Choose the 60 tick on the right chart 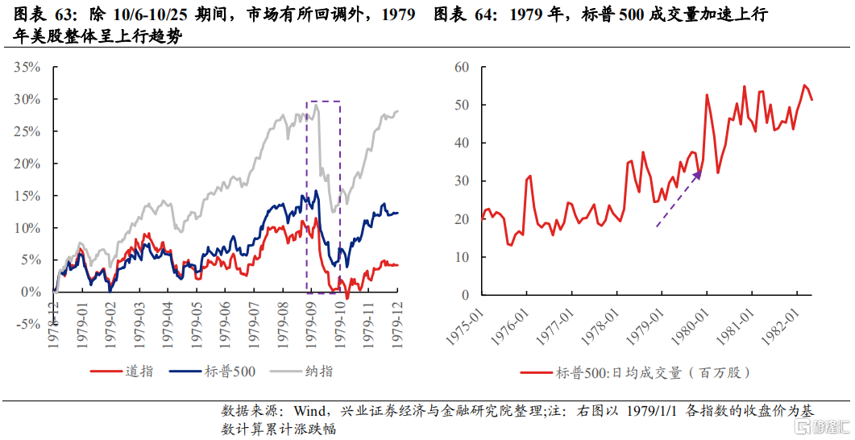click(461, 67)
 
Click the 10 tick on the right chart click(461, 257)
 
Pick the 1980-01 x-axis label click(700, 322)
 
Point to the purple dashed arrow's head click(699, 173)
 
